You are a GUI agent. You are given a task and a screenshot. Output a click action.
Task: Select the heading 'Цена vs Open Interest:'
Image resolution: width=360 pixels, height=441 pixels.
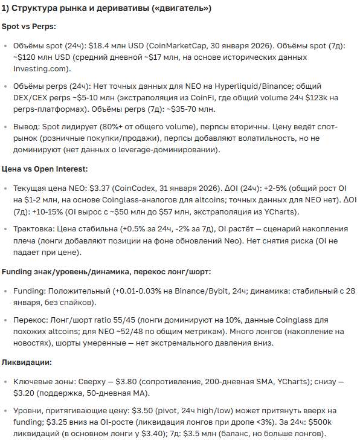coord(45,169)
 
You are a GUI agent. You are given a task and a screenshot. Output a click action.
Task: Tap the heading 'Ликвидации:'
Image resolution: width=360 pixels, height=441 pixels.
coord(27,362)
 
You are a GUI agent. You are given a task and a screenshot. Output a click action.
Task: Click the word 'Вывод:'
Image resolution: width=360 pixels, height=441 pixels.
coord(28,127)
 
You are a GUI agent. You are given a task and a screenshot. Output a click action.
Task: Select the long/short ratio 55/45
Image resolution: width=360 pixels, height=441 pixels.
coord(133,321)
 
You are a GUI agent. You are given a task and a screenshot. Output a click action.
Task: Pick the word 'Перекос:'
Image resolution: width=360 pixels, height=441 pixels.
coord(32,321)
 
